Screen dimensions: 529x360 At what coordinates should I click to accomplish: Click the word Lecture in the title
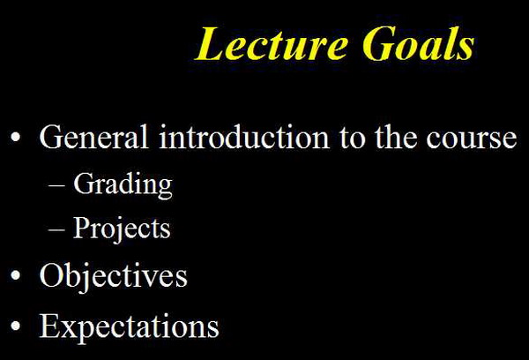[271, 44]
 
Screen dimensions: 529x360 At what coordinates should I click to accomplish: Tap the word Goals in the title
[418, 44]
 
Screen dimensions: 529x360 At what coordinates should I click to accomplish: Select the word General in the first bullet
[93, 137]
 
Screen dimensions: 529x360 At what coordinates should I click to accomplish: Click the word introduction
[244, 137]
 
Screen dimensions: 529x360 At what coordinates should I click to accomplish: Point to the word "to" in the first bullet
[353, 139]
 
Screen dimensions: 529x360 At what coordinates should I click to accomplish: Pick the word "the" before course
[396, 137]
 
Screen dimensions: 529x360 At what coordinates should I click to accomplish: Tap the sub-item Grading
[123, 185]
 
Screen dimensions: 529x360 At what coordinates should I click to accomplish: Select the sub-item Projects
[122, 229]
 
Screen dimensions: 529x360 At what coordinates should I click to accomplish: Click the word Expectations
[130, 326]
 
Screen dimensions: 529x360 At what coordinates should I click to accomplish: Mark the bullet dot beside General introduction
[16, 137]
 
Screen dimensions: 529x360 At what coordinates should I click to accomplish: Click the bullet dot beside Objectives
[16, 275]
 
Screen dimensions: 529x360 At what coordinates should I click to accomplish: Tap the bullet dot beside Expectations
[16, 326]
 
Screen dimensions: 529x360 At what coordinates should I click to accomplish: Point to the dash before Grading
[56, 185]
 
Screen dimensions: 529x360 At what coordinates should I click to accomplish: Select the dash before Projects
[56, 229]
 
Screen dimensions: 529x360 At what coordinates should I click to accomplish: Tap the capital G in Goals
[378, 44]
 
